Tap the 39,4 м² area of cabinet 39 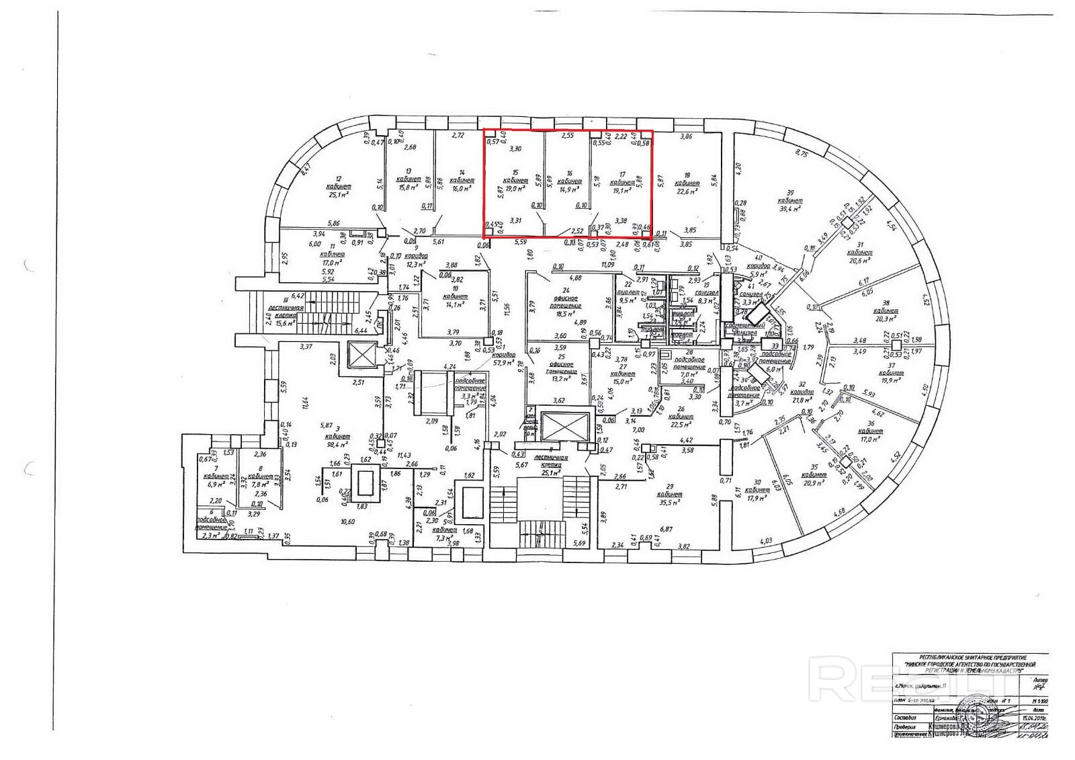pos(790,209)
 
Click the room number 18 pos(687,174)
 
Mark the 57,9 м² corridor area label pos(504,363)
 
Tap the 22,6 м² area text pos(687,191)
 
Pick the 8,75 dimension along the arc pos(802,153)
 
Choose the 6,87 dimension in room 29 pos(666,530)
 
